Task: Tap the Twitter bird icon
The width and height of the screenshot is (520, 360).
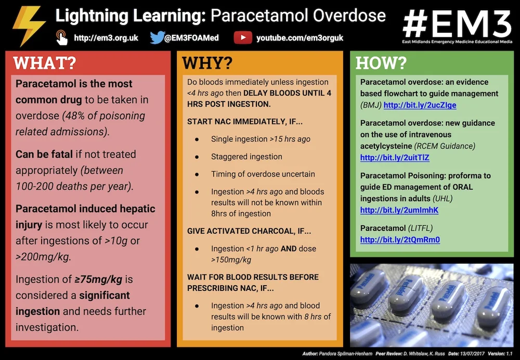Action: point(157,37)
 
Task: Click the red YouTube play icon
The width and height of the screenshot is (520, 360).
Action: point(243,37)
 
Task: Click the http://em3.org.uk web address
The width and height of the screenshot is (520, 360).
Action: point(106,38)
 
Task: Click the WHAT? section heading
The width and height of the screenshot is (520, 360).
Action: point(45,63)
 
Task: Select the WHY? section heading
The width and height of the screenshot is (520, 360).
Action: point(207,63)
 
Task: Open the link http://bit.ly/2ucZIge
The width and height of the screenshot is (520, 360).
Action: point(420,105)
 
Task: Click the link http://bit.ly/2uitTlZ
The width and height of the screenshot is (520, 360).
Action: point(395,158)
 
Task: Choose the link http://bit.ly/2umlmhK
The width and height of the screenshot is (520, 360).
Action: point(399,210)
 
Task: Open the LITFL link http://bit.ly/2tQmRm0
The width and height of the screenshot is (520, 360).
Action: point(400,240)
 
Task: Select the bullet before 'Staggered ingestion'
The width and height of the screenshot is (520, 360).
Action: point(197,157)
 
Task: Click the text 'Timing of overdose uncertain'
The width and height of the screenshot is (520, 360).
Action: point(263,174)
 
